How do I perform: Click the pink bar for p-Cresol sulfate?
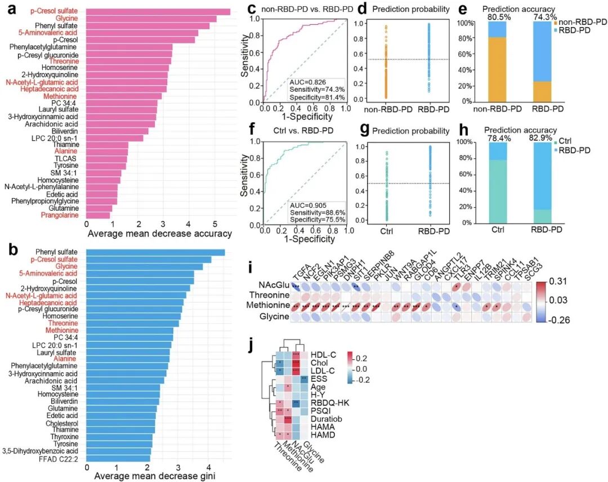click(158, 12)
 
